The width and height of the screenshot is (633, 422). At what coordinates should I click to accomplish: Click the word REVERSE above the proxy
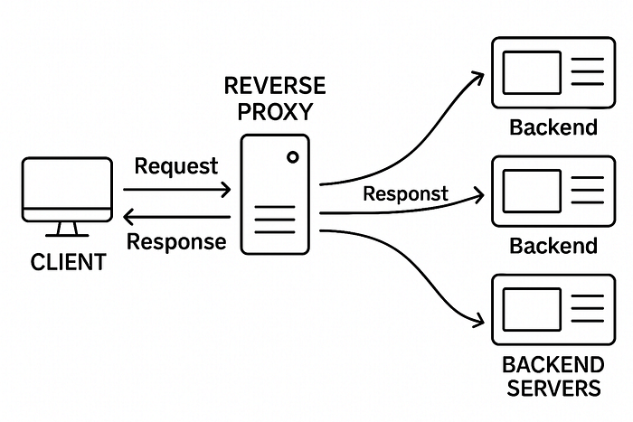tap(275, 86)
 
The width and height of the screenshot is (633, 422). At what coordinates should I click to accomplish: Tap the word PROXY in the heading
tap(275, 111)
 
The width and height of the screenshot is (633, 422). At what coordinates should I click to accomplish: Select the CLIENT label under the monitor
tap(68, 262)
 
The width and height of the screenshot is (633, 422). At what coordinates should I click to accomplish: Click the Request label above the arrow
tap(176, 166)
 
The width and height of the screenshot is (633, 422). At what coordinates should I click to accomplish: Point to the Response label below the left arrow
tap(176, 241)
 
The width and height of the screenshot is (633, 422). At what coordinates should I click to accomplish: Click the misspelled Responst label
tap(405, 193)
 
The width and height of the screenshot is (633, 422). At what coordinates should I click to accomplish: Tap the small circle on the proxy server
tap(293, 157)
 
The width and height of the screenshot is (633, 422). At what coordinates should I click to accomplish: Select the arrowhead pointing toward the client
tap(128, 217)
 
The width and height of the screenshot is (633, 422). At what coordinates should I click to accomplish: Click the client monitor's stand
tap(67, 230)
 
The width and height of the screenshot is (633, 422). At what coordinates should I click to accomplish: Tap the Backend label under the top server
tap(553, 127)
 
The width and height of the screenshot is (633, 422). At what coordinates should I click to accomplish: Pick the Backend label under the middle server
tap(553, 246)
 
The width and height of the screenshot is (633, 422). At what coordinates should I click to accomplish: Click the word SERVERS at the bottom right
tap(553, 388)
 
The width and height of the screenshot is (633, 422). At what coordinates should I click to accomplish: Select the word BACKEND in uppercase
tap(553, 365)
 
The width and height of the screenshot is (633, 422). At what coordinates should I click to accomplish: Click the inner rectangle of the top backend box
tap(532, 72)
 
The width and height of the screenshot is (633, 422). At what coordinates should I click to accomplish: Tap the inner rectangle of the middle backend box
tap(532, 192)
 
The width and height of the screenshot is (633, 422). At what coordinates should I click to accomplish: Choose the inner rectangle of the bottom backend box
tap(532, 309)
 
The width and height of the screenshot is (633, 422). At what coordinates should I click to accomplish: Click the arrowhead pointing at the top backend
tap(478, 77)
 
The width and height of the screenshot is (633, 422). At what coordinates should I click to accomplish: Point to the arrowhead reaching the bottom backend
tap(478, 320)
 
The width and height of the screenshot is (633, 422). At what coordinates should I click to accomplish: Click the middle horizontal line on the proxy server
tap(275, 220)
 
